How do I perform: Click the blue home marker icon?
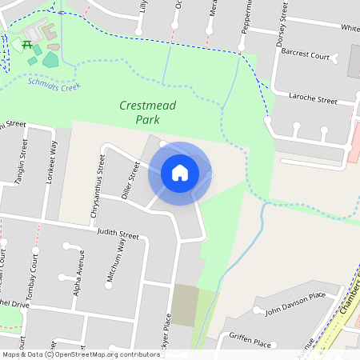180,173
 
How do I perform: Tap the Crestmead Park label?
147,112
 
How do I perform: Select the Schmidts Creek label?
54,82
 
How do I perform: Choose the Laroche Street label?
313,102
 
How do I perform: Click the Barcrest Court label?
305,57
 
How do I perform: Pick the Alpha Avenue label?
78,272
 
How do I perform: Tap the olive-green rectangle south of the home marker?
185,305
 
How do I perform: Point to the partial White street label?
350,28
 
